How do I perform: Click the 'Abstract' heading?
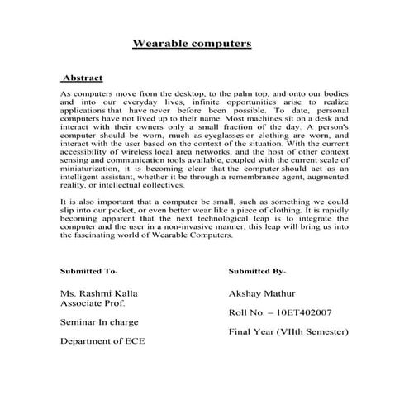[x=83, y=78]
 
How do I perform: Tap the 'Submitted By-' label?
[x=257, y=271]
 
